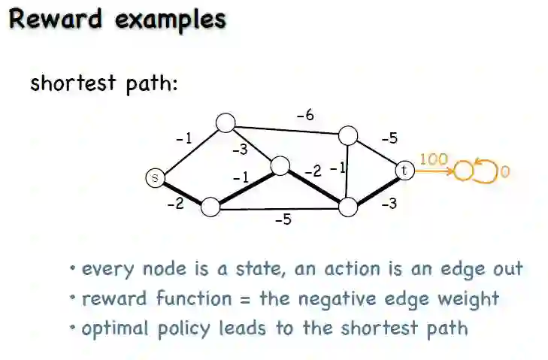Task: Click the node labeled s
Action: (x=154, y=177)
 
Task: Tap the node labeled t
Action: (x=404, y=171)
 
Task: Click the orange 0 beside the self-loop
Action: (x=504, y=172)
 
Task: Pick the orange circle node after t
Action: (x=464, y=171)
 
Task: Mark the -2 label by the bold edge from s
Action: (x=175, y=203)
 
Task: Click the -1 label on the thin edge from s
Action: (x=183, y=138)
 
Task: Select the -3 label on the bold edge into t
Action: (x=388, y=203)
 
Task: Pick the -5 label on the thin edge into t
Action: (x=389, y=138)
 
